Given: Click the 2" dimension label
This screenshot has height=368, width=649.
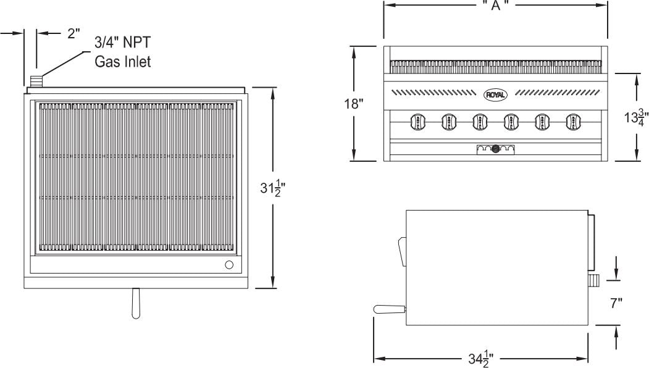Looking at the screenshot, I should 74,34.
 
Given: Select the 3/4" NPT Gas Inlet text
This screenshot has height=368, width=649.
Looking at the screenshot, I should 122,52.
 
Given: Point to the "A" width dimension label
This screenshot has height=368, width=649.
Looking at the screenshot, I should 496,5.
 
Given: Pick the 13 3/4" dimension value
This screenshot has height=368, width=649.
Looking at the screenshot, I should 635,117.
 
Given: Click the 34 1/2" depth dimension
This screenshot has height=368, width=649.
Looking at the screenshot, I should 480,359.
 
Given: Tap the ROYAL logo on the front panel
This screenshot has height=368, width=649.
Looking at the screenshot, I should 495,94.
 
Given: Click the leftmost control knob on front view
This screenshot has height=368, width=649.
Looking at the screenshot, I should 417,122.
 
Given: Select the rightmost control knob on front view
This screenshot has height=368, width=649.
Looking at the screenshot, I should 572,122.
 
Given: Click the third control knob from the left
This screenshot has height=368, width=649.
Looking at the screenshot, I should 479,122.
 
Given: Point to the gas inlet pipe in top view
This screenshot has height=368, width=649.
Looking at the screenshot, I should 36,81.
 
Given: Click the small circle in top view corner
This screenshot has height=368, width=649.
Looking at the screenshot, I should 229,265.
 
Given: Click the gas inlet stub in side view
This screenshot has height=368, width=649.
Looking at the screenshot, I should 593,282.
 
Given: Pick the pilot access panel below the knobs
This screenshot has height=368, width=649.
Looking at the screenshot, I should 495,149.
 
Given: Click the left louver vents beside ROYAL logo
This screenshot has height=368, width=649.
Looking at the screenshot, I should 433,93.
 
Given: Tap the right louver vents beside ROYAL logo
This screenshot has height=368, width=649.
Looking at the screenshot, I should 556,93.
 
